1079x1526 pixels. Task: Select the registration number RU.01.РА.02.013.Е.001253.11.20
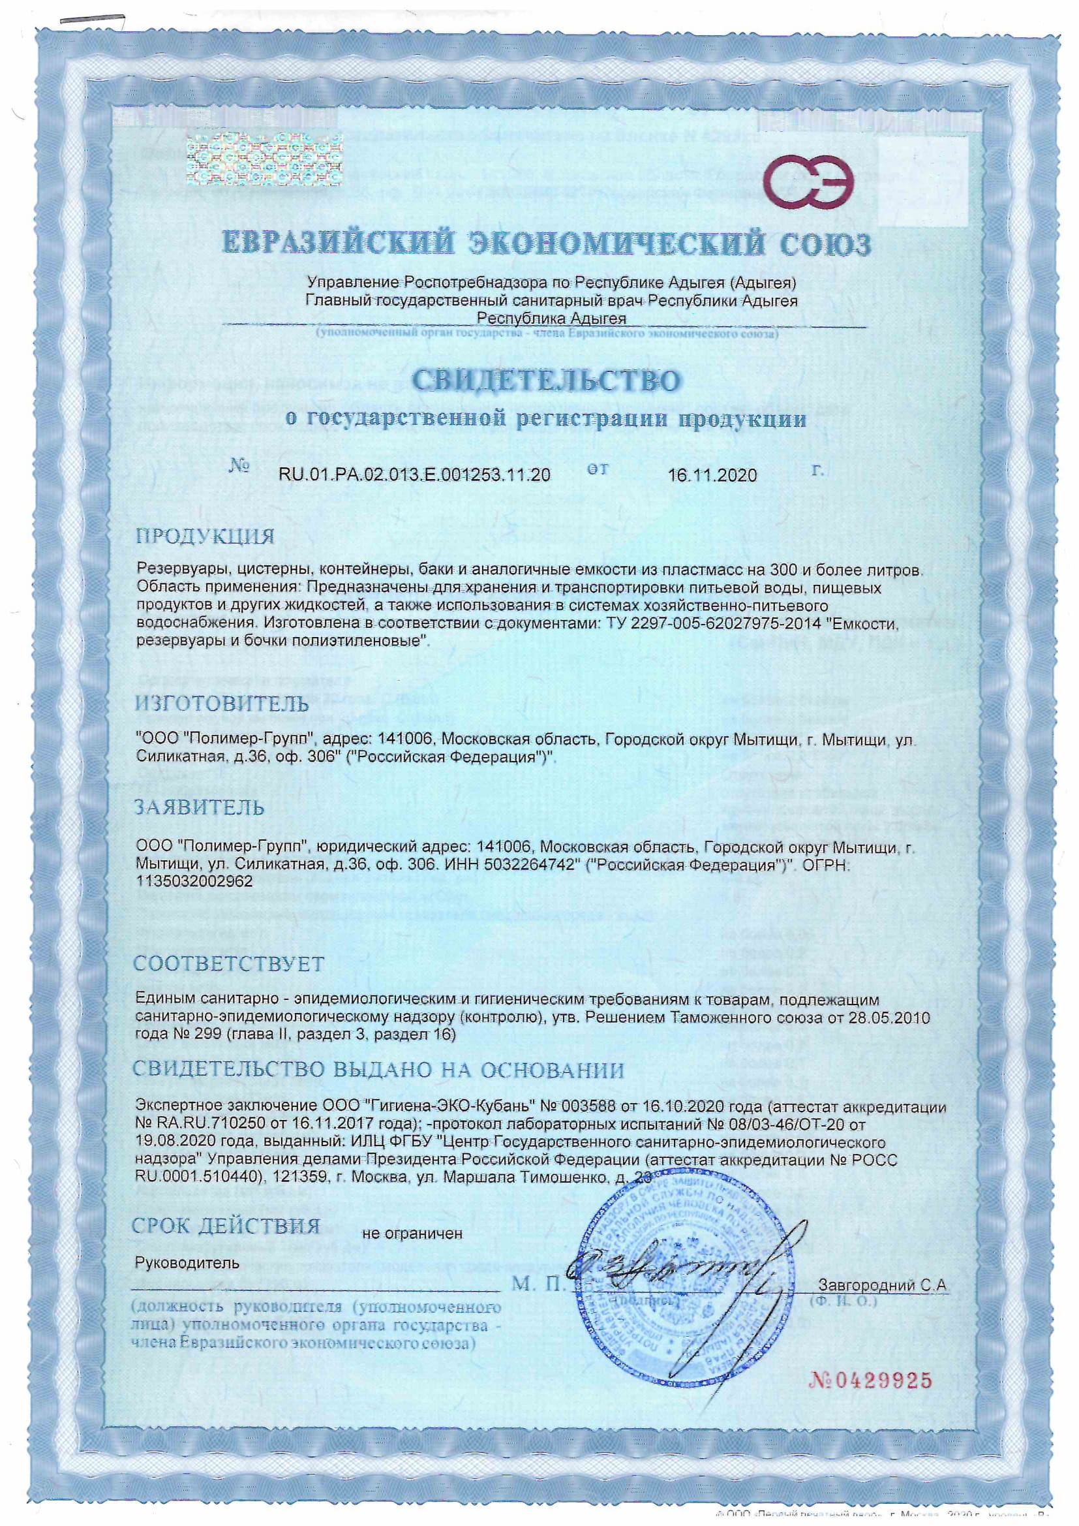(x=415, y=475)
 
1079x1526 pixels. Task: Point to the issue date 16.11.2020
(x=712, y=475)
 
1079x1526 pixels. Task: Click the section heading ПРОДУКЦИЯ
(x=205, y=537)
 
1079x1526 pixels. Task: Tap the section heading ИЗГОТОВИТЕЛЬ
(x=222, y=703)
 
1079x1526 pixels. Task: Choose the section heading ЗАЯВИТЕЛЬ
(x=200, y=807)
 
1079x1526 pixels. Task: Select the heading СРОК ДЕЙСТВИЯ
(x=226, y=1227)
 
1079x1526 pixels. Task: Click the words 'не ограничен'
(x=412, y=1234)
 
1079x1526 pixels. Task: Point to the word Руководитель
(x=187, y=1262)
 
